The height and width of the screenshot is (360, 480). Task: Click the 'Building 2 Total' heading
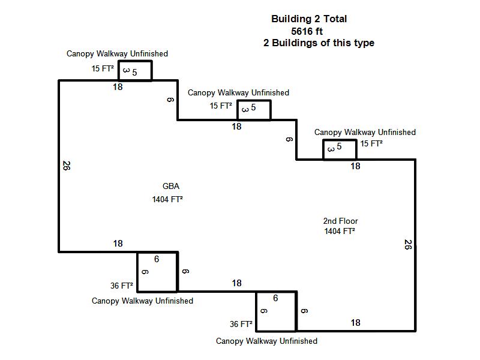[309, 19]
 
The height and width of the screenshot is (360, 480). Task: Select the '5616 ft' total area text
[307, 31]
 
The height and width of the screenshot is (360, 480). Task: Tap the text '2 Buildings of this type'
[319, 43]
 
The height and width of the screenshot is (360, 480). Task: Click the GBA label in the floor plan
[171, 186]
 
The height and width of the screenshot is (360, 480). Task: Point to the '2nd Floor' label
[340, 221]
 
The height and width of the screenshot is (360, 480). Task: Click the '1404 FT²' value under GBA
[167, 199]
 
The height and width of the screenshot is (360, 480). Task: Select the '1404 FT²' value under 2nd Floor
[340, 231]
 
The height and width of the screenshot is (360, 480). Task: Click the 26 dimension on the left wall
[67, 166]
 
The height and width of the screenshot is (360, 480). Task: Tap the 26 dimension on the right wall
[408, 244]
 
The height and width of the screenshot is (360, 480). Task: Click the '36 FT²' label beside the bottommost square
[241, 324]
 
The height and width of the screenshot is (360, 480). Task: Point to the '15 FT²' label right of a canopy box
[371, 143]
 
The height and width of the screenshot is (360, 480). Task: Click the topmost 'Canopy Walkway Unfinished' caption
[117, 53]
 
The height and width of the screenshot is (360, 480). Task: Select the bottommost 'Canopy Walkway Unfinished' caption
[266, 341]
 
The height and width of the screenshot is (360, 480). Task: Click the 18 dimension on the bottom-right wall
[355, 323]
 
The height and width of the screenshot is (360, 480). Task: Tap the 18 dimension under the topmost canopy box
[118, 87]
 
